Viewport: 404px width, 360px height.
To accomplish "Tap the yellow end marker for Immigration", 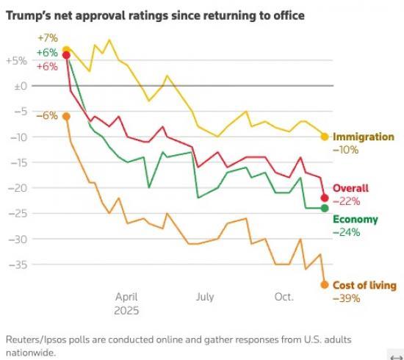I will click(x=325, y=136).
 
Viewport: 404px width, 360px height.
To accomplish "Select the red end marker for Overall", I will click(x=325, y=198).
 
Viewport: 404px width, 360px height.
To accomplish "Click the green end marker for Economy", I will click(x=325, y=208).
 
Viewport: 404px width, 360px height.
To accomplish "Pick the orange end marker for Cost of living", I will click(x=325, y=284).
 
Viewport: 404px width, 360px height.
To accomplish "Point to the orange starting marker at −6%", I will click(x=67, y=115).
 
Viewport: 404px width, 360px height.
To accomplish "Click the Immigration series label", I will click(x=363, y=137).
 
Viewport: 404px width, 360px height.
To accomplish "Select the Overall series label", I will click(x=351, y=188).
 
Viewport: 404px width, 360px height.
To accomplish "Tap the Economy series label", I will click(x=356, y=219).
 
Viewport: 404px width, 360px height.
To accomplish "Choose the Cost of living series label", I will click(x=364, y=285).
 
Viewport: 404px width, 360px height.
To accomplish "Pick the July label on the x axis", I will click(x=205, y=298).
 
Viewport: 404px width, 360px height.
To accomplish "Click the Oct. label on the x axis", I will click(x=284, y=298).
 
